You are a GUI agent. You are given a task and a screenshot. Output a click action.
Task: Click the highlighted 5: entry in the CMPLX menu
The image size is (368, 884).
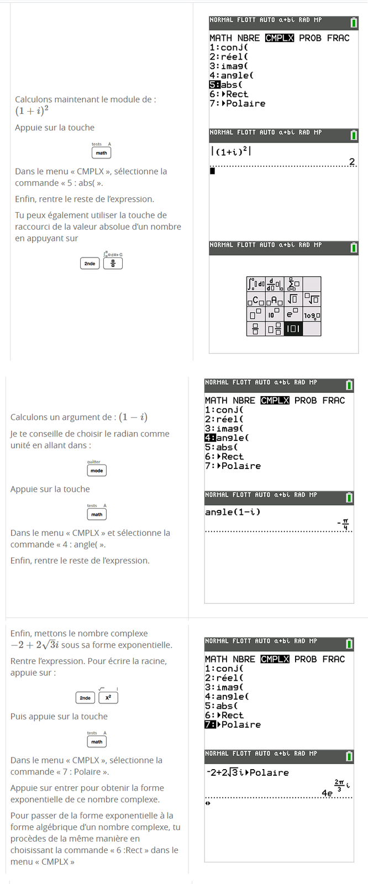click(215, 85)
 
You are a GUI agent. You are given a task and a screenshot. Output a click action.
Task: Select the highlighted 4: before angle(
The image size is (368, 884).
click(210, 438)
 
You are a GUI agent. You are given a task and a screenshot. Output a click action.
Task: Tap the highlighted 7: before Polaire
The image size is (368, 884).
click(210, 724)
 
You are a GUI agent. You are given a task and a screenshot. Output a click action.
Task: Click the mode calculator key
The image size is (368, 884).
click(97, 470)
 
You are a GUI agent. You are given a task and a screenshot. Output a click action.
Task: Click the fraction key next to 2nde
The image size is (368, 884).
click(113, 264)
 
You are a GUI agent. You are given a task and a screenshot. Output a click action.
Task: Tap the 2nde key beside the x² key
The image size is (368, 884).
click(85, 698)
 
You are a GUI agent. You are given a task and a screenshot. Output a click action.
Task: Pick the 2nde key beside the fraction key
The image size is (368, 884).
click(90, 264)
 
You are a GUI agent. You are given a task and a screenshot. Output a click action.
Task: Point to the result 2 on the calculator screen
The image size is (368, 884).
click(351, 161)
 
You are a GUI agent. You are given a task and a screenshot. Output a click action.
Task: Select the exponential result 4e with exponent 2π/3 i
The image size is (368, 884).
click(335, 788)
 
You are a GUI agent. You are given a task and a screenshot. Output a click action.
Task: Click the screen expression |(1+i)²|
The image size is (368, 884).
click(231, 151)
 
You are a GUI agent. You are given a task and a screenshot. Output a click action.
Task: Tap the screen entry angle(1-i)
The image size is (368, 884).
click(233, 512)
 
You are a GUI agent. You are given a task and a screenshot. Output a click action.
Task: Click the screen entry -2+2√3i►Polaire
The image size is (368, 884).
click(247, 772)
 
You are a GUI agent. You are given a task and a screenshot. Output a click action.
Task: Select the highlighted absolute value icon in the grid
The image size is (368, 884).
click(293, 329)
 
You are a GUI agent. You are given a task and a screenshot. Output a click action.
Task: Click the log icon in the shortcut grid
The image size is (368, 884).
click(312, 315)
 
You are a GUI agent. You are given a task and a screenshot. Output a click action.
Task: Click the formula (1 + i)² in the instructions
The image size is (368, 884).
click(31, 111)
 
